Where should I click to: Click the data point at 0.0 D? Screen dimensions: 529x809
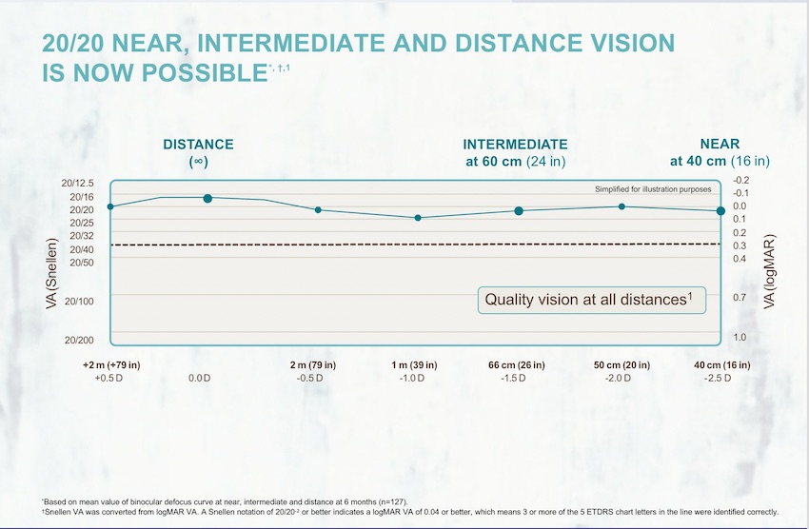click(207, 198)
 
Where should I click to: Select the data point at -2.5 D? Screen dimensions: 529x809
click(720, 210)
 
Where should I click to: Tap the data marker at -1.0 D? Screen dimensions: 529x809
click(418, 218)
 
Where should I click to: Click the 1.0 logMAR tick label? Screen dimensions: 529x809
click(740, 338)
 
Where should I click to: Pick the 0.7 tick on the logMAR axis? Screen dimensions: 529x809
click(740, 298)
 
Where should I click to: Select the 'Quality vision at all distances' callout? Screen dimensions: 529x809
click(591, 299)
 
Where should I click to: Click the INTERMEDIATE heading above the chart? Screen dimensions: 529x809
click(515, 145)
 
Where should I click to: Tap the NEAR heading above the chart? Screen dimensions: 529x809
click(720, 145)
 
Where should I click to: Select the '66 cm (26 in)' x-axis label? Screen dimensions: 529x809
click(519, 364)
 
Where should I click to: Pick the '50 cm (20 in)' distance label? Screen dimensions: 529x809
click(622, 364)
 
